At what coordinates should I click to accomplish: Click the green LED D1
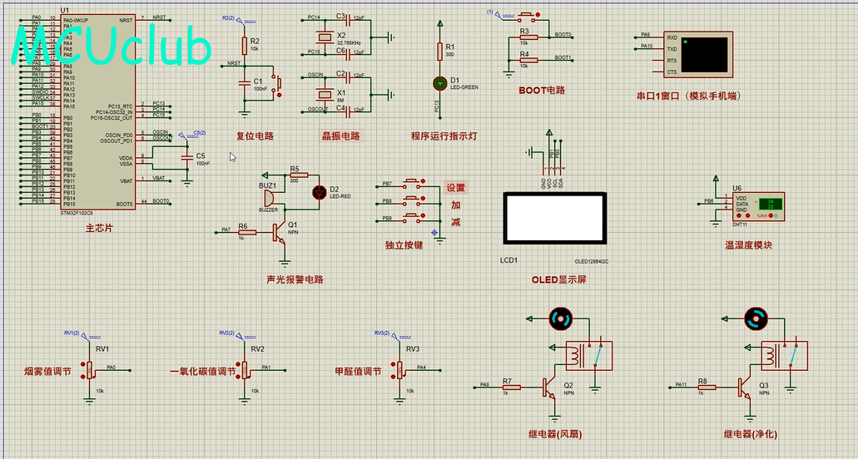(440, 83)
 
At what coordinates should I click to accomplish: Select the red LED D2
(318, 192)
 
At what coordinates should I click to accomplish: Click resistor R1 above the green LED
(440, 52)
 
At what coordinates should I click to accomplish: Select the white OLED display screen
(553, 219)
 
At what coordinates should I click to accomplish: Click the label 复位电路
(255, 136)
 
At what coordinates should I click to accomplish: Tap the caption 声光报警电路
(295, 279)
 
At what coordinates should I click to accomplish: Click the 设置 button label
(455, 188)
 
